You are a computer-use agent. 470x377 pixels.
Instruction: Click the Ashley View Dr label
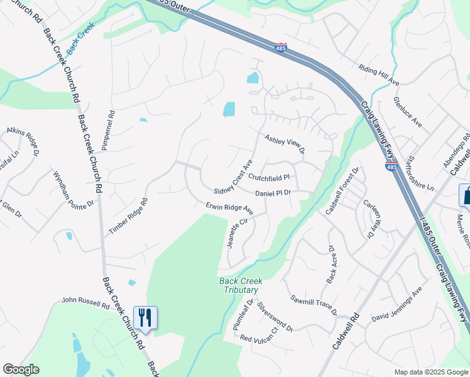pyautogui.click(x=284, y=144)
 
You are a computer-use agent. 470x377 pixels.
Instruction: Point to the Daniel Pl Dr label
pyautogui.click(x=273, y=193)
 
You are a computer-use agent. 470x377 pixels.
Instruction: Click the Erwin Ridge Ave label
pyautogui.click(x=229, y=207)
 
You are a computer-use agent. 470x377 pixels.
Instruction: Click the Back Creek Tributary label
pyautogui.click(x=239, y=286)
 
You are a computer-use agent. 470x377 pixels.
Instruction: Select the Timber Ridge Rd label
pyautogui.click(x=128, y=217)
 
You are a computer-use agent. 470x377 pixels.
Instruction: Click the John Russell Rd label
pyautogui.click(x=85, y=303)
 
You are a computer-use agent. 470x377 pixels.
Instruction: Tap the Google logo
pyautogui.click(x=21, y=369)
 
